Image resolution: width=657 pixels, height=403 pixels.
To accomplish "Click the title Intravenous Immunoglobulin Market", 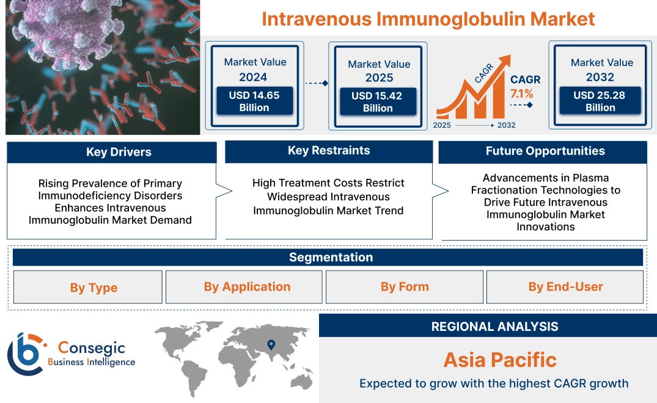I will pyautogui.click(x=428, y=18).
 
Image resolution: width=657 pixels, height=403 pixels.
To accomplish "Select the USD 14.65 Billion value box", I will pyautogui.click(x=254, y=101).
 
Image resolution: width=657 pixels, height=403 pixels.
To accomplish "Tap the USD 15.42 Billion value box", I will pyautogui.click(x=378, y=102).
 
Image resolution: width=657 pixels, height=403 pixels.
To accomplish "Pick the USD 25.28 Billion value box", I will pyautogui.click(x=600, y=101).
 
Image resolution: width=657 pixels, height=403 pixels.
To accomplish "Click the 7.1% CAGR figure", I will pyautogui.click(x=521, y=94).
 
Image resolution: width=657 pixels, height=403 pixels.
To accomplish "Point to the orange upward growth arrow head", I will pyautogui.click(x=505, y=61).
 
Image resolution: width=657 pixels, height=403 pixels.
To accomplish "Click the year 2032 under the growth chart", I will pyautogui.click(x=506, y=125).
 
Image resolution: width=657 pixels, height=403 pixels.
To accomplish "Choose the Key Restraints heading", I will pyautogui.click(x=329, y=151).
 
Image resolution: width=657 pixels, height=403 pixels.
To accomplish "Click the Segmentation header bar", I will pyautogui.click(x=331, y=257).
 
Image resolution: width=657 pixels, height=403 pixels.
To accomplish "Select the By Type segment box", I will pyautogui.click(x=94, y=288).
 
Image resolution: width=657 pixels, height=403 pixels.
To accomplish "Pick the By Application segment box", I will pyautogui.click(x=247, y=287).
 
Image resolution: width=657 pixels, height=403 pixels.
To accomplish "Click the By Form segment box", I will pyautogui.click(x=405, y=287).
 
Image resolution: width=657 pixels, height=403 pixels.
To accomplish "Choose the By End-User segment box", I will pyautogui.click(x=565, y=287).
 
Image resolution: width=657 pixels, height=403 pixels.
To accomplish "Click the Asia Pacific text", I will pyautogui.click(x=500, y=360).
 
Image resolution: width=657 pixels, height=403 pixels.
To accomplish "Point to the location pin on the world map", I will pyautogui.click(x=271, y=346).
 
